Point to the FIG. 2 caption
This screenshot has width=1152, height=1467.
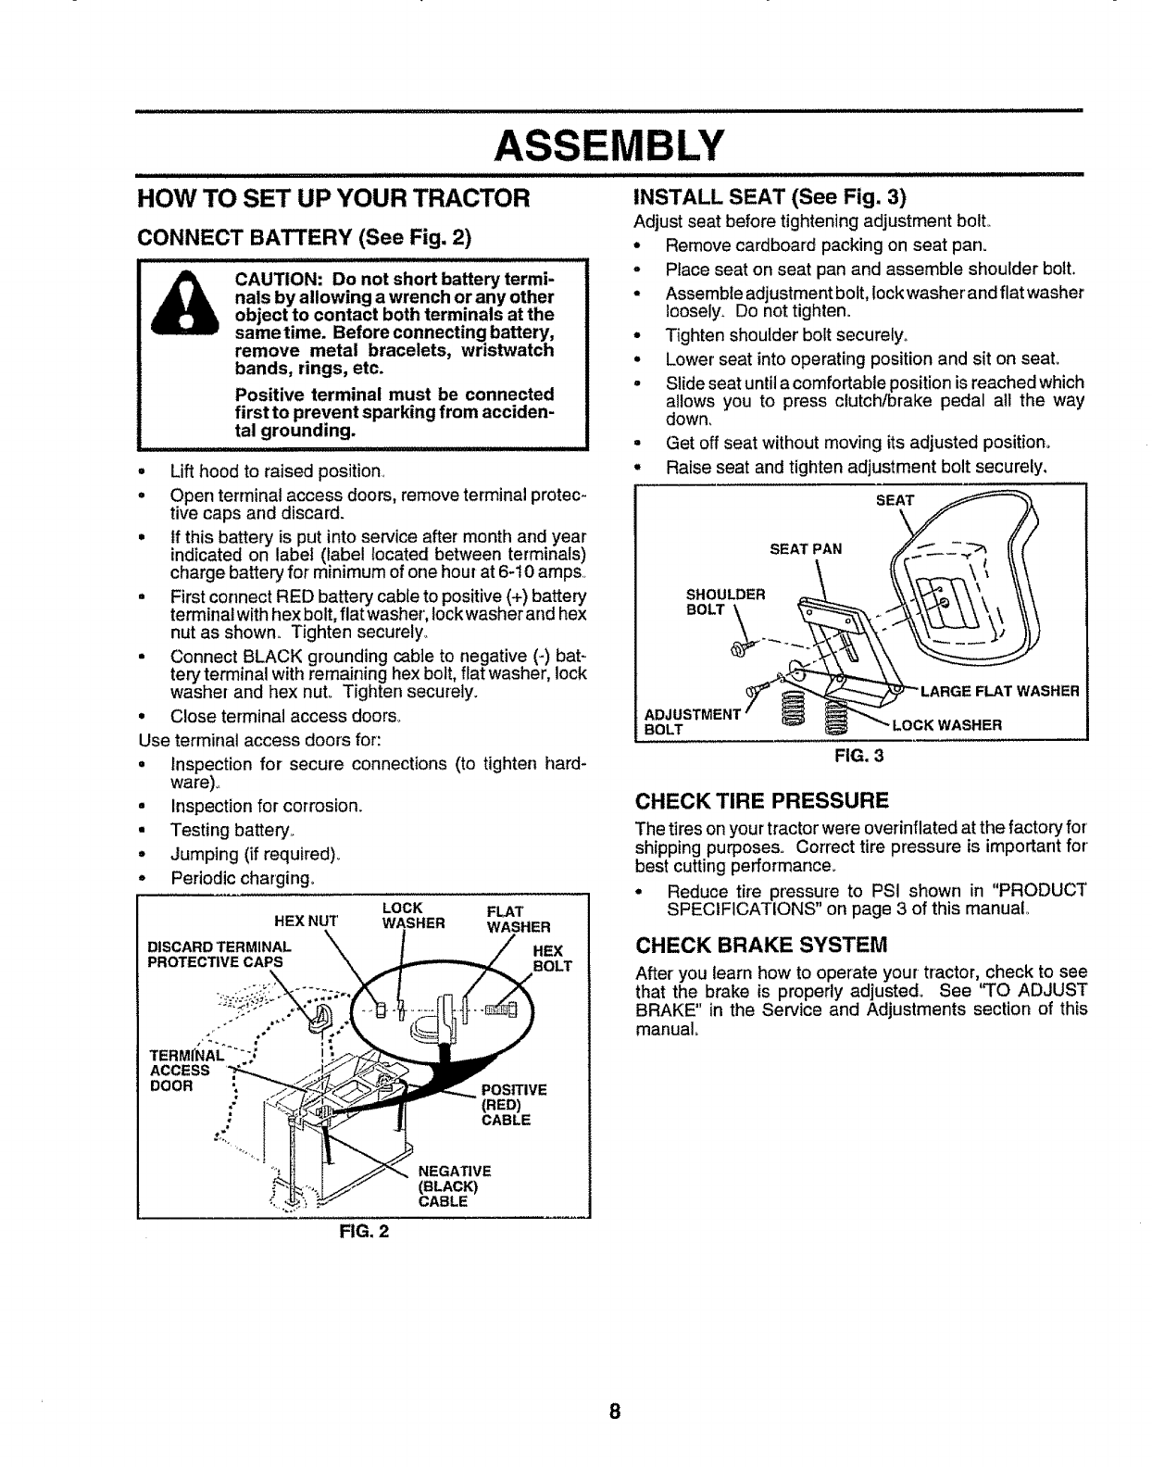(364, 1232)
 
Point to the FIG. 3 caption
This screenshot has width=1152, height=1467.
(860, 754)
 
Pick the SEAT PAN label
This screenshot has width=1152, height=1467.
(806, 548)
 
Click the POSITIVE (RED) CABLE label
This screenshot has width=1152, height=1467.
(514, 1105)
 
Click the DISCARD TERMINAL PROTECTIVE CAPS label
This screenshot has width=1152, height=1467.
(219, 954)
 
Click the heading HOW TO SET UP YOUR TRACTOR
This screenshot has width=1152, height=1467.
(332, 198)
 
